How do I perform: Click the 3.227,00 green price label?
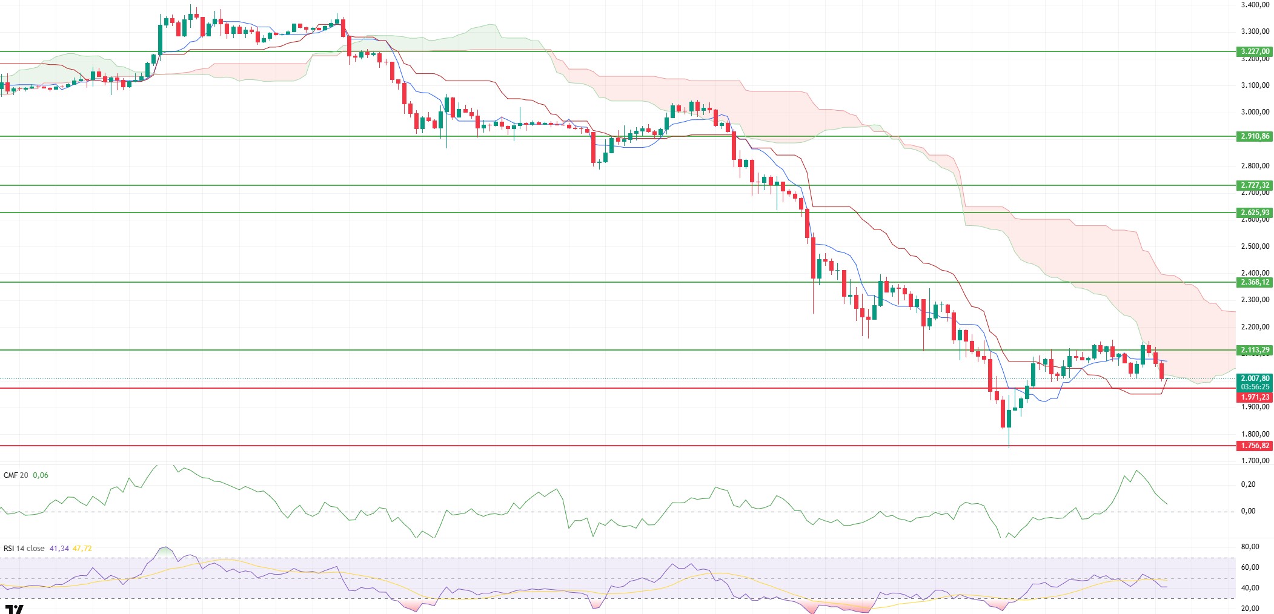pos(1255,51)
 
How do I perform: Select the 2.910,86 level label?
pos(1255,136)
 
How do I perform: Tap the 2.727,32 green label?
pos(1255,185)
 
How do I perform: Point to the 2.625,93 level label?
pos(1255,213)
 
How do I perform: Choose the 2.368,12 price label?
pos(1255,282)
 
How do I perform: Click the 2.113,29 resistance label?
pos(1255,350)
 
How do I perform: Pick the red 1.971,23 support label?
pos(1255,397)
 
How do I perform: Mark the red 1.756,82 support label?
pos(1255,446)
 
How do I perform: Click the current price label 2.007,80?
pos(1255,378)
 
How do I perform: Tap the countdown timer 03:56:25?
pos(1255,387)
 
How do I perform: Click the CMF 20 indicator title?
pos(16,475)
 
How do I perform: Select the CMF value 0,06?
pos(41,475)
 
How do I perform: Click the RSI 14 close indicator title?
pos(24,549)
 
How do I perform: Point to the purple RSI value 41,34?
pos(59,549)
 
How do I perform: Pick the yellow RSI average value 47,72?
pos(82,549)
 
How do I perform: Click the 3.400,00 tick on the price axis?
pos(1255,5)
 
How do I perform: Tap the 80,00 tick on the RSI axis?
pos(1250,547)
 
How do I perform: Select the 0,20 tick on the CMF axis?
pos(1248,484)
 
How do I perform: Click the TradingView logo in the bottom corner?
pos(14,609)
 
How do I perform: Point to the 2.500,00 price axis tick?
pos(1255,246)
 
